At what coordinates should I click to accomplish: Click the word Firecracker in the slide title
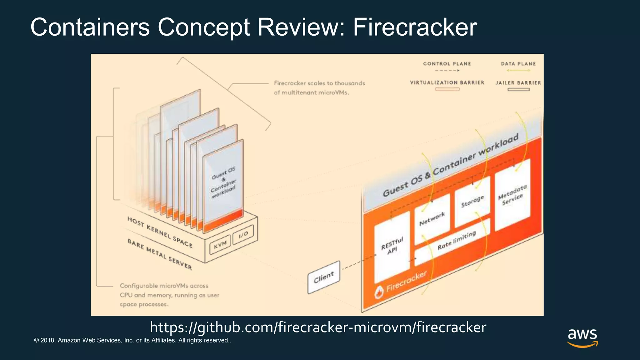(415, 27)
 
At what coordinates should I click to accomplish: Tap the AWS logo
(582, 337)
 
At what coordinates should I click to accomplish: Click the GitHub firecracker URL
(318, 327)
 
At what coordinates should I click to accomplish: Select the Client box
(324, 277)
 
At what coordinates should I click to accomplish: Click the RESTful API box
(392, 246)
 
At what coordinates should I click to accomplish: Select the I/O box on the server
(243, 234)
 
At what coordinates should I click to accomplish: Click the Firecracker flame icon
(379, 292)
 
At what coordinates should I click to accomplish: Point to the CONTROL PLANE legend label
(447, 64)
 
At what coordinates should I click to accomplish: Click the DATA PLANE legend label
(518, 64)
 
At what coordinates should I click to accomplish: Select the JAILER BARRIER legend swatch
(518, 90)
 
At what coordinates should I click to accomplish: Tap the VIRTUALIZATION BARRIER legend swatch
(447, 89)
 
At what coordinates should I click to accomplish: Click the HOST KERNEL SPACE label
(160, 232)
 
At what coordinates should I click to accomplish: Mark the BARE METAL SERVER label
(160, 254)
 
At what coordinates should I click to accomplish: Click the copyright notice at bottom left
(132, 340)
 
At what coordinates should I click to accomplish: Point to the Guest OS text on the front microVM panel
(223, 173)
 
